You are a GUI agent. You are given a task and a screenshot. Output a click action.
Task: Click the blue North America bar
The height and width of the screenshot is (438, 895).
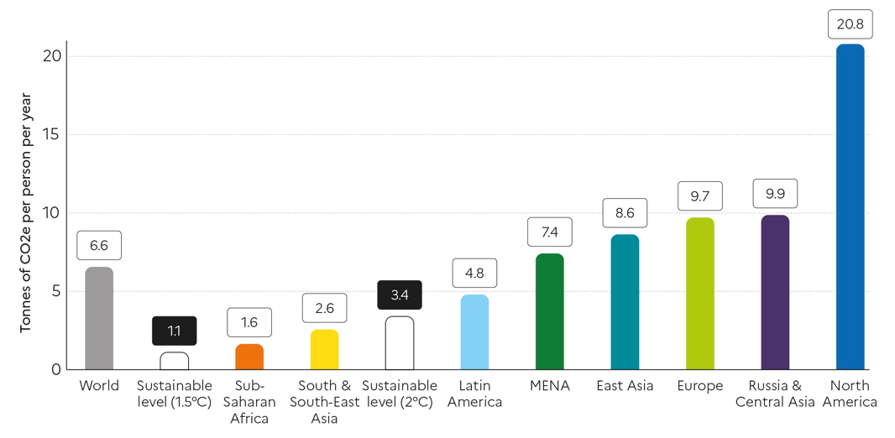[x=850, y=206]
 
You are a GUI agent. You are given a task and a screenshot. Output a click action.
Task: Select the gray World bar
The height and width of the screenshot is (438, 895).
[x=99, y=318]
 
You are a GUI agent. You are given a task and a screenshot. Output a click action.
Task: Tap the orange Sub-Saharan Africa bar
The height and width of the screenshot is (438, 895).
[x=249, y=357]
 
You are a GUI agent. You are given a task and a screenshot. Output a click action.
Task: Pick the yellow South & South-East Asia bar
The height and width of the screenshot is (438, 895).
[x=324, y=349]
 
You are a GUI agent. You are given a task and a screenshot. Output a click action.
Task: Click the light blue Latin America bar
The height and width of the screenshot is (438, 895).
[x=474, y=331]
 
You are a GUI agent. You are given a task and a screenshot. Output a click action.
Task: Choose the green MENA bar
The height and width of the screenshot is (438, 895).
[x=550, y=311]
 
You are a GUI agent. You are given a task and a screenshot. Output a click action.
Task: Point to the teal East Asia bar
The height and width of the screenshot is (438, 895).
[x=625, y=302]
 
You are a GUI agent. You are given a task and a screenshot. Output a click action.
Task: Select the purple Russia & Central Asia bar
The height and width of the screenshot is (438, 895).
[x=775, y=292]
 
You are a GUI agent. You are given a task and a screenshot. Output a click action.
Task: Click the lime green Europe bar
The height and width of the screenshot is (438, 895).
[x=700, y=294]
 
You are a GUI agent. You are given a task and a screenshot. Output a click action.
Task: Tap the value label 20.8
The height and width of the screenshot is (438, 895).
[x=850, y=24]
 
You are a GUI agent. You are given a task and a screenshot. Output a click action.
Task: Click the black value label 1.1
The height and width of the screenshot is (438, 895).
[x=174, y=331]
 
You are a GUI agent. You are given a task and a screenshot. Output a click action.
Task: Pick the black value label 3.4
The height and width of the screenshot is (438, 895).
[x=400, y=295]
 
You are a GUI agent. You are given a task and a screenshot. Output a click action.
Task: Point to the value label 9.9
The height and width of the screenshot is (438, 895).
[x=775, y=194]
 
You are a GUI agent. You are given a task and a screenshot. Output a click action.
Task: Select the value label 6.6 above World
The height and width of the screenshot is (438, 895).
[x=99, y=246]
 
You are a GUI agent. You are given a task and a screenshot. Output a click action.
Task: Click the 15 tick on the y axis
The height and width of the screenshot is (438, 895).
[x=51, y=134]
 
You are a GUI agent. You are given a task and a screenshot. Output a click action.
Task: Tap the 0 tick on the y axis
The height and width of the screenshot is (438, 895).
[x=55, y=369]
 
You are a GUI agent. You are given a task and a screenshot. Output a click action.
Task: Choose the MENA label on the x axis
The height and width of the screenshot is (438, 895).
[x=550, y=386]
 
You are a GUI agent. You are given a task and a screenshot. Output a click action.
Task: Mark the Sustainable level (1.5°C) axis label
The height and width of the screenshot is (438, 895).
[x=174, y=394]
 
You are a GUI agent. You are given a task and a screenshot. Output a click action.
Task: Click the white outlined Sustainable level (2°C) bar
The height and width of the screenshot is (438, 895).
[x=400, y=343]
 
